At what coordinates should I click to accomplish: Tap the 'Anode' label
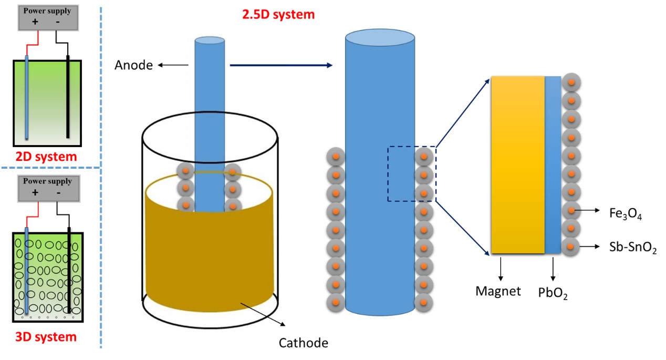(134, 65)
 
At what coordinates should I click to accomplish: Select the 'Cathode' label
(304, 343)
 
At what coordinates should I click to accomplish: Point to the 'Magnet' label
(498, 291)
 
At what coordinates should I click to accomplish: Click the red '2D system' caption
(46, 156)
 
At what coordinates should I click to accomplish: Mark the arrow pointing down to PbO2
(553, 268)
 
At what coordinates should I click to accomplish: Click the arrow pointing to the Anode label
(173, 65)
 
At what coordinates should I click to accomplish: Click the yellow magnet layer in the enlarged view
(517, 165)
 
